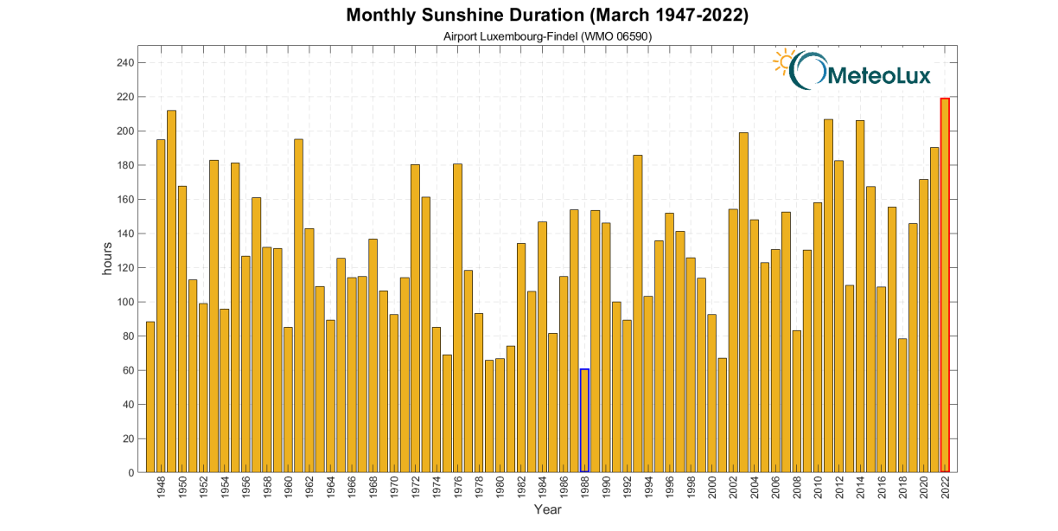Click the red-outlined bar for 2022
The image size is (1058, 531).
(945, 285)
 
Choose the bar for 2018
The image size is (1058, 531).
(902, 406)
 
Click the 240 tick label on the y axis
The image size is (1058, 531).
(124, 63)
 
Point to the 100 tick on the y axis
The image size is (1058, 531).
(124, 302)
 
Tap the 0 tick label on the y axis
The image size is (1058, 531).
(130, 473)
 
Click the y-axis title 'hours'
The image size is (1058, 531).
(108, 259)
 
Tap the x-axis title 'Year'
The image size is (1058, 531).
(547, 509)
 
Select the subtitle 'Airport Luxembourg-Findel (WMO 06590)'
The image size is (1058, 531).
(547, 35)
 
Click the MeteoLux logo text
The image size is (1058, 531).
(878, 76)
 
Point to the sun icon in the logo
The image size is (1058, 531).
(785, 61)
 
